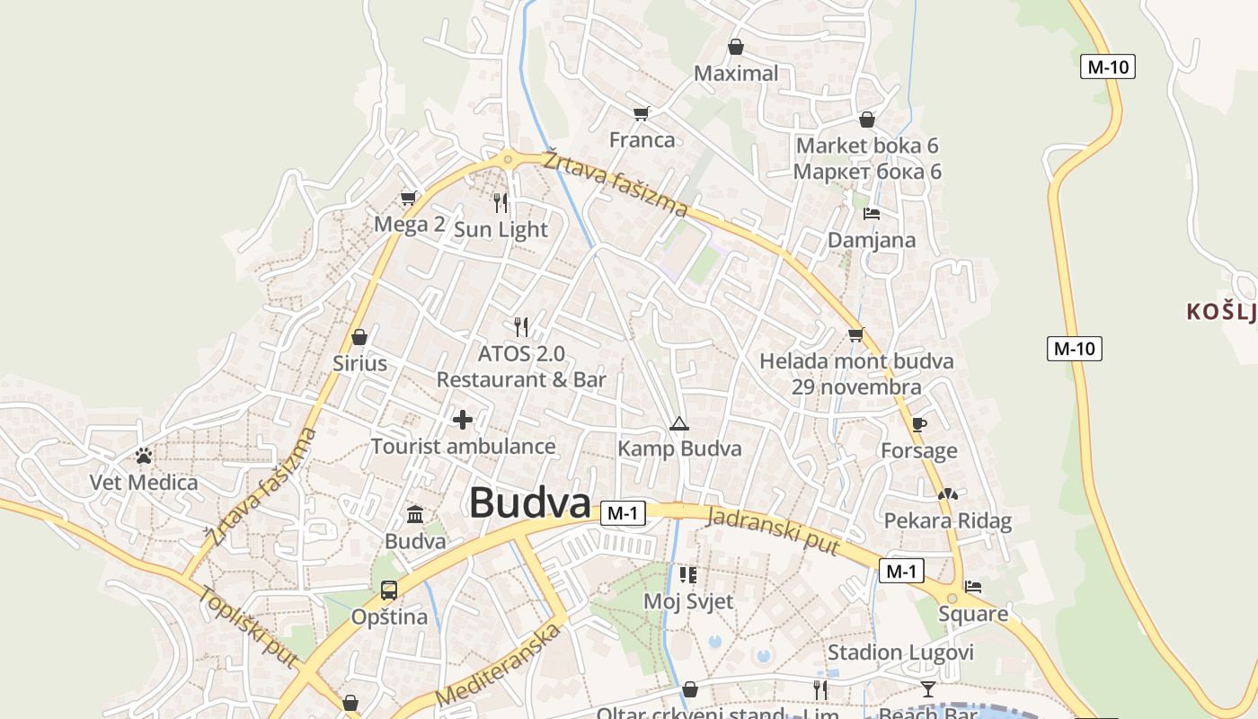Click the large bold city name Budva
pyautogui.click(x=529, y=503)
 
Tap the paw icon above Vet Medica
pyautogui.click(x=144, y=457)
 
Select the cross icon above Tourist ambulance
pyautogui.click(x=463, y=420)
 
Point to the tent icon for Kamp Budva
pyautogui.click(x=678, y=424)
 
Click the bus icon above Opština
pyautogui.click(x=389, y=590)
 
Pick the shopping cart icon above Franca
pyautogui.click(x=641, y=114)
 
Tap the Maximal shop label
pyautogui.click(x=736, y=74)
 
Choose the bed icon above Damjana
pyautogui.click(x=871, y=214)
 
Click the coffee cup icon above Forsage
pyautogui.click(x=918, y=424)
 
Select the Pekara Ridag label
pyautogui.click(x=947, y=520)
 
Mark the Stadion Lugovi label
pyautogui.click(x=900, y=652)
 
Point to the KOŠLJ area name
pyautogui.click(x=1220, y=312)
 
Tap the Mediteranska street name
pyautogui.click(x=499, y=663)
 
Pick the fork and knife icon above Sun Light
pyautogui.click(x=501, y=203)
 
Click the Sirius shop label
pyautogui.click(x=359, y=363)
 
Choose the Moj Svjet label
pyautogui.click(x=688, y=601)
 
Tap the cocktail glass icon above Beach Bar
pyautogui.click(x=927, y=689)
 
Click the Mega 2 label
pyautogui.click(x=410, y=225)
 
